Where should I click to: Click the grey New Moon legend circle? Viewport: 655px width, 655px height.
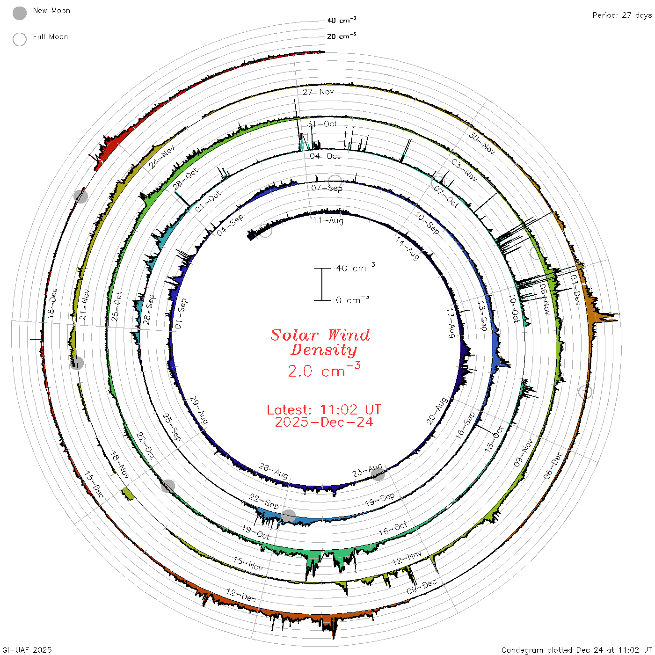tap(19, 13)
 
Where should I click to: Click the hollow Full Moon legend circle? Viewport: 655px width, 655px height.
tap(19, 39)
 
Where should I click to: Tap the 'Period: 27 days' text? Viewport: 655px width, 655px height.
tap(622, 15)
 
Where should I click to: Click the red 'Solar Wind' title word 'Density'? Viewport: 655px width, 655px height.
tap(323, 350)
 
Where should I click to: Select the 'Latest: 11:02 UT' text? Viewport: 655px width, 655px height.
tap(324, 409)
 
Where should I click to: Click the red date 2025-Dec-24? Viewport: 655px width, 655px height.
tap(324, 422)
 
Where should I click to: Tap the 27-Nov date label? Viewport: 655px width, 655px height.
tap(318, 92)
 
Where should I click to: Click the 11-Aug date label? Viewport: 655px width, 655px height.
tap(328, 220)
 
